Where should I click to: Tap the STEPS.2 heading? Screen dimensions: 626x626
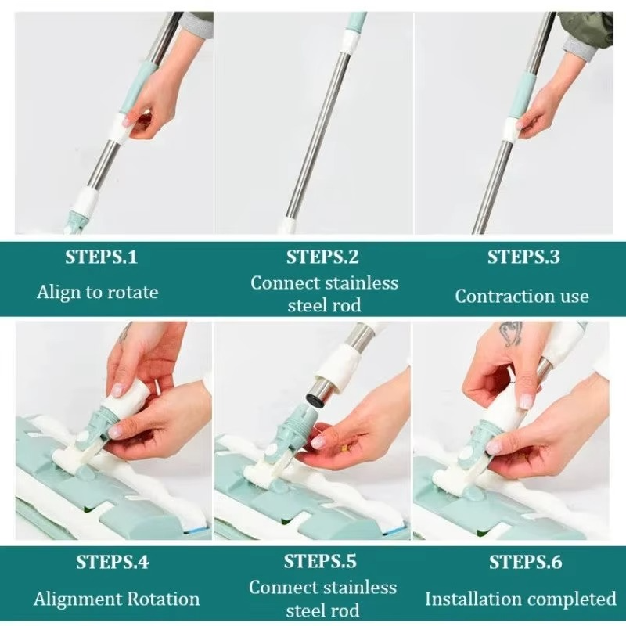point(322,257)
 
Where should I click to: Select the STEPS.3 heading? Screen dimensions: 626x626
point(523,257)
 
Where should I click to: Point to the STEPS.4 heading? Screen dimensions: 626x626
point(112,562)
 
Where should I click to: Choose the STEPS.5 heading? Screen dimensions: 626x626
point(320,561)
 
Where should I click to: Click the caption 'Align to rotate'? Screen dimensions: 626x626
point(97,293)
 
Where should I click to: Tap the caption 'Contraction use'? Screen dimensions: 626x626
point(522,296)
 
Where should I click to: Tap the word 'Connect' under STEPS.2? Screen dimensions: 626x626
point(286,282)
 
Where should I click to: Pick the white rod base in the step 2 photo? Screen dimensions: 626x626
point(287,225)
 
